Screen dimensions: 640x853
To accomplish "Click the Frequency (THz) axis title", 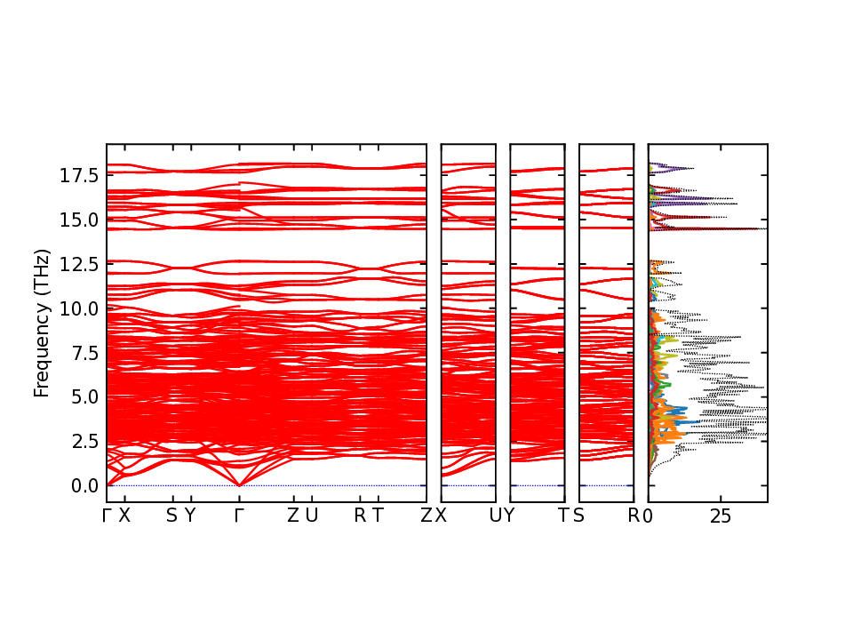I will tap(41, 324).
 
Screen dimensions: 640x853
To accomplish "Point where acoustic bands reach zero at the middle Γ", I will tap(239, 485).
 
